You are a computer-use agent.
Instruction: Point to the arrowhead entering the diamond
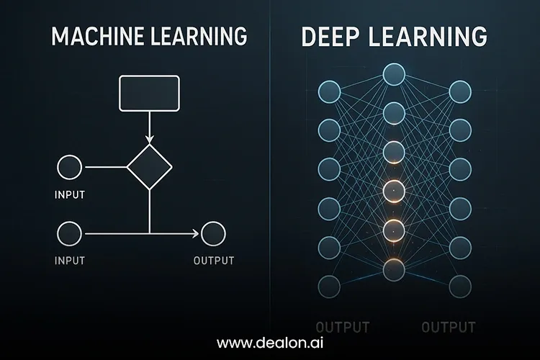[x=150, y=140]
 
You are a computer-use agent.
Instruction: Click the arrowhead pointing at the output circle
[x=196, y=233]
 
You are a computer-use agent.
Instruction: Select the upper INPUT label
[x=70, y=195]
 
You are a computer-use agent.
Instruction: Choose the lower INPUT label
[x=70, y=261]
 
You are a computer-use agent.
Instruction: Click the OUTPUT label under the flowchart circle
[x=214, y=261]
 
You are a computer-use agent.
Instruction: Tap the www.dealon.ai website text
[x=270, y=343]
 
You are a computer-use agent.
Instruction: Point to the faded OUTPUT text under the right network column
[x=449, y=327]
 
